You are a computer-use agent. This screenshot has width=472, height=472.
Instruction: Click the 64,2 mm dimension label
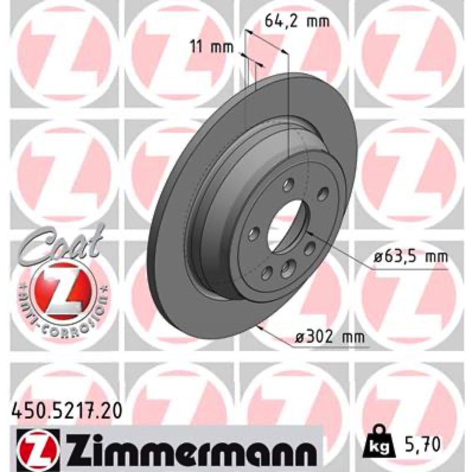click(x=297, y=21)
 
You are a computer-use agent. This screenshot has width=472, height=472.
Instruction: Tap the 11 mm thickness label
click(x=212, y=47)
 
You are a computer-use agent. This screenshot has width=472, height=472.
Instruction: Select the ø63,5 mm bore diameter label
click(x=411, y=257)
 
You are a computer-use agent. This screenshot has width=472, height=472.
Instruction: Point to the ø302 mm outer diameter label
click(x=329, y=337)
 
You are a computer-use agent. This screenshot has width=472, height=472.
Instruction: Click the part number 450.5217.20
click(x=66, y=411)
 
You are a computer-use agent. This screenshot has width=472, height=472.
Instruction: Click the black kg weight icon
click(x=379, y=441)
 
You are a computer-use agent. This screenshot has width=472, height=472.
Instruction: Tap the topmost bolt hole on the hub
click(x=288, y=184)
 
